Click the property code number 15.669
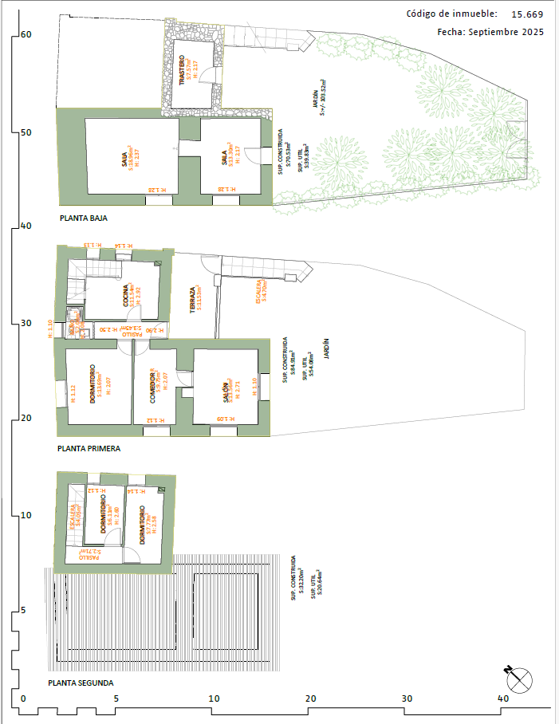tap(527, 14)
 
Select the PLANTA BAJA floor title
tap(84, 217)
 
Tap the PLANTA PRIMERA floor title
tap(89, 449)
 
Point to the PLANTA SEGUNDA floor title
tap(81, 683)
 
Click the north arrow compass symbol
tap(519, 679)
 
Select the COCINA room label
tap(126, 296)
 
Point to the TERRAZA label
tap(191, 300)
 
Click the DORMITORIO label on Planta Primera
tap(94, 384)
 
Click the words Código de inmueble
tap(451, 14)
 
